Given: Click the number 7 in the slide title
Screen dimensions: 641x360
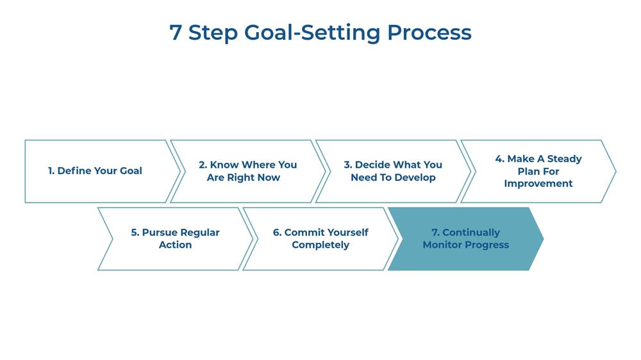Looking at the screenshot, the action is pyautogui.click(x=176, y=32).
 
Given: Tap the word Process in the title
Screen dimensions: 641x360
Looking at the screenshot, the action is pyautogui.click(x=429, y=33).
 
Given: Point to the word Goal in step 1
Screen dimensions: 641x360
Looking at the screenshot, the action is pyautogui.click(x=131, y=171).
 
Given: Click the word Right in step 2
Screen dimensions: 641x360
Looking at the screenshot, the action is pyautogui.click(x=238, y=177).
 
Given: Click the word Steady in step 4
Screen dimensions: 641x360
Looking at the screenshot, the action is pyautogui.click(x=564, y=159).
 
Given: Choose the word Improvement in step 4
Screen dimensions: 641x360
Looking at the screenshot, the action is pyautogui.click(x=538, y=184).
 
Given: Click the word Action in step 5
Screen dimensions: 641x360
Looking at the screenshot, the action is pyautogui.click(x=176, y=245).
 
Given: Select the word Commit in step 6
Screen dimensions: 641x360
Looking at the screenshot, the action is pyautogui.click(x=303, y=233).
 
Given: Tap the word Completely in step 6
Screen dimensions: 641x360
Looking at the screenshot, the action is pyautogui.click(x=320, y=245).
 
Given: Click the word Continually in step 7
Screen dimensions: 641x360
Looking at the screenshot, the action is pyautogui.click(x=471, y=233).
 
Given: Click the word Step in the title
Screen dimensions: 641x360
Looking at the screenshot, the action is pyautogui.click(x=213, y=33).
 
